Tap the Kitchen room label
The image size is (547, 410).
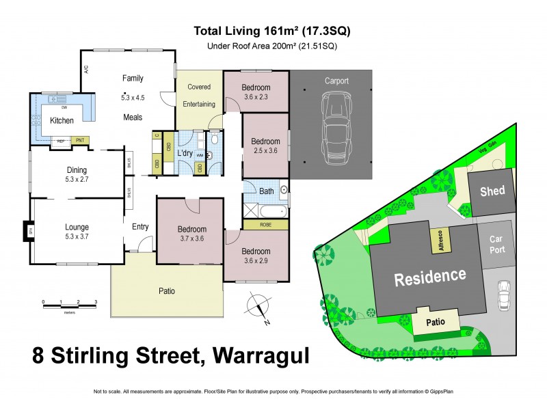click(x=62, y=120)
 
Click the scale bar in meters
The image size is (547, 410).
click(x=69, y=302)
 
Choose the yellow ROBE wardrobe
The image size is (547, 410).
click(x=265, y=224)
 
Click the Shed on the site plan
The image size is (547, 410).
click(x=492, y=191)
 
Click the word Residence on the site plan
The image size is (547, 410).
click(x=429, y=277)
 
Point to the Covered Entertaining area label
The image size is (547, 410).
click(x=199, y=96)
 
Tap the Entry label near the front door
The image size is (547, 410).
click(x=140, y=227)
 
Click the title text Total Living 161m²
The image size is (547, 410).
click(x=273, y=31)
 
